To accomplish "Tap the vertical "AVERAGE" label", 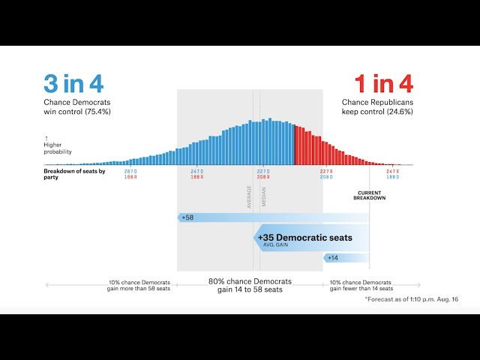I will tap(250, 196).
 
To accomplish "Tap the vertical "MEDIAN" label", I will tap(264, 196).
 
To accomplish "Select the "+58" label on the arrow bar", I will tap(187, 217).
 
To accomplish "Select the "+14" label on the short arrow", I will tap(332, 257).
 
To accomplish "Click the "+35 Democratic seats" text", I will tap(304, 238).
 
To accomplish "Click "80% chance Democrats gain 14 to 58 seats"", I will tap(250, 285).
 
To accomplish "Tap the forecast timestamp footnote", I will tap(411, 299).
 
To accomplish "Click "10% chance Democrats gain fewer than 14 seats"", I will tap(361, 285).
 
